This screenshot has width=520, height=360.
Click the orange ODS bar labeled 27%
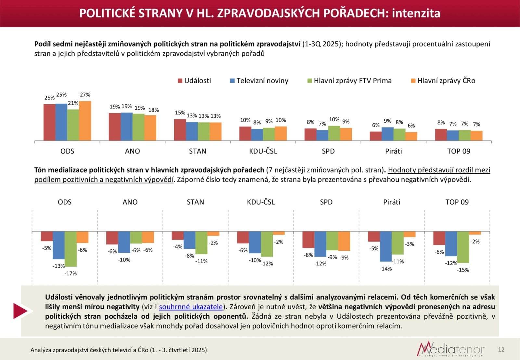coord(85,121)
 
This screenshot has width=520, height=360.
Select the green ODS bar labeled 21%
coord(73,125)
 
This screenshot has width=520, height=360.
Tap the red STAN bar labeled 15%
coord(180,130)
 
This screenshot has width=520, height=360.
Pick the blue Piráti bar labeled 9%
coord(387,134)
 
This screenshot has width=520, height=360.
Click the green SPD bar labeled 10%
coord(334,133)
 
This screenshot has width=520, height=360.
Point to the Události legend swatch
coord(180,81)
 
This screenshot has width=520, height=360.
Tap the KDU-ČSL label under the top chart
coord(263,151)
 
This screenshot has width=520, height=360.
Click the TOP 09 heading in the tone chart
coord(457,202)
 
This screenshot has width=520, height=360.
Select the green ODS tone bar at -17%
coord(71,249)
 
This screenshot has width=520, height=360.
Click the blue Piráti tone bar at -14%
coord(385,247)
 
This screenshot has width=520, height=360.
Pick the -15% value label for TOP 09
coord(463,270)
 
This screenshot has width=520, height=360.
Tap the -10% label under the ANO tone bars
coord(124,260)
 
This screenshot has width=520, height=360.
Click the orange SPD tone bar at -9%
coord(344,241)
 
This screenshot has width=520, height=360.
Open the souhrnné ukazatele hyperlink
coord(191,307)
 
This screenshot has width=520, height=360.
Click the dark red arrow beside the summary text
coord(21,311)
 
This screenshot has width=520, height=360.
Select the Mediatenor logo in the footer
coord(451,349)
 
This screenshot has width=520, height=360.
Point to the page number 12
coord(501,350)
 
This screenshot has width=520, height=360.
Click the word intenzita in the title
coord(416,13)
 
